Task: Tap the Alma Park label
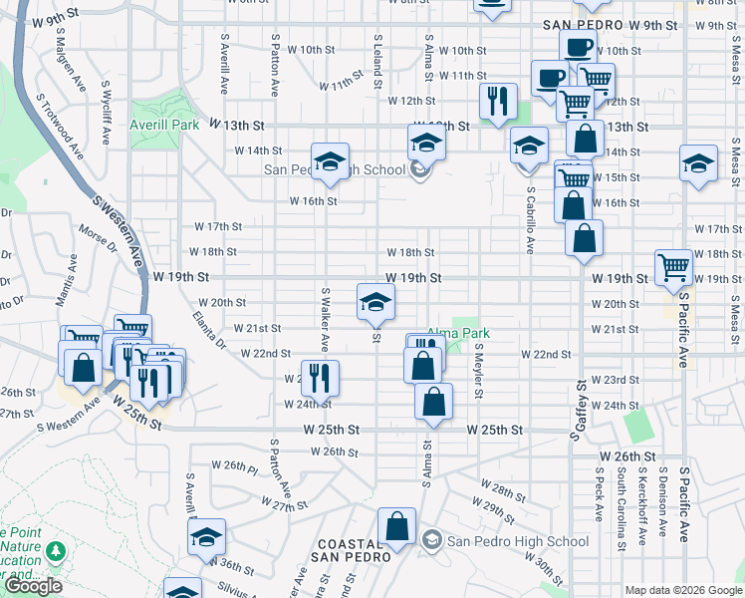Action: (x=459, y=333)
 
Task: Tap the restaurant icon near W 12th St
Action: (x=497, y=101)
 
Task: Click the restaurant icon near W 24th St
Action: (x=321, y=377)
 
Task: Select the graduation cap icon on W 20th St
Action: (x=375, y=301)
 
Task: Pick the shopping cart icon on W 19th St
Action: (x=673, y=266)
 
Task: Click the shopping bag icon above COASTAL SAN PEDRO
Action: (x=396, y=526)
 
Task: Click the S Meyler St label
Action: (x=478, y=371)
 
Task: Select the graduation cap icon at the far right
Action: (x=698, y=162)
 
